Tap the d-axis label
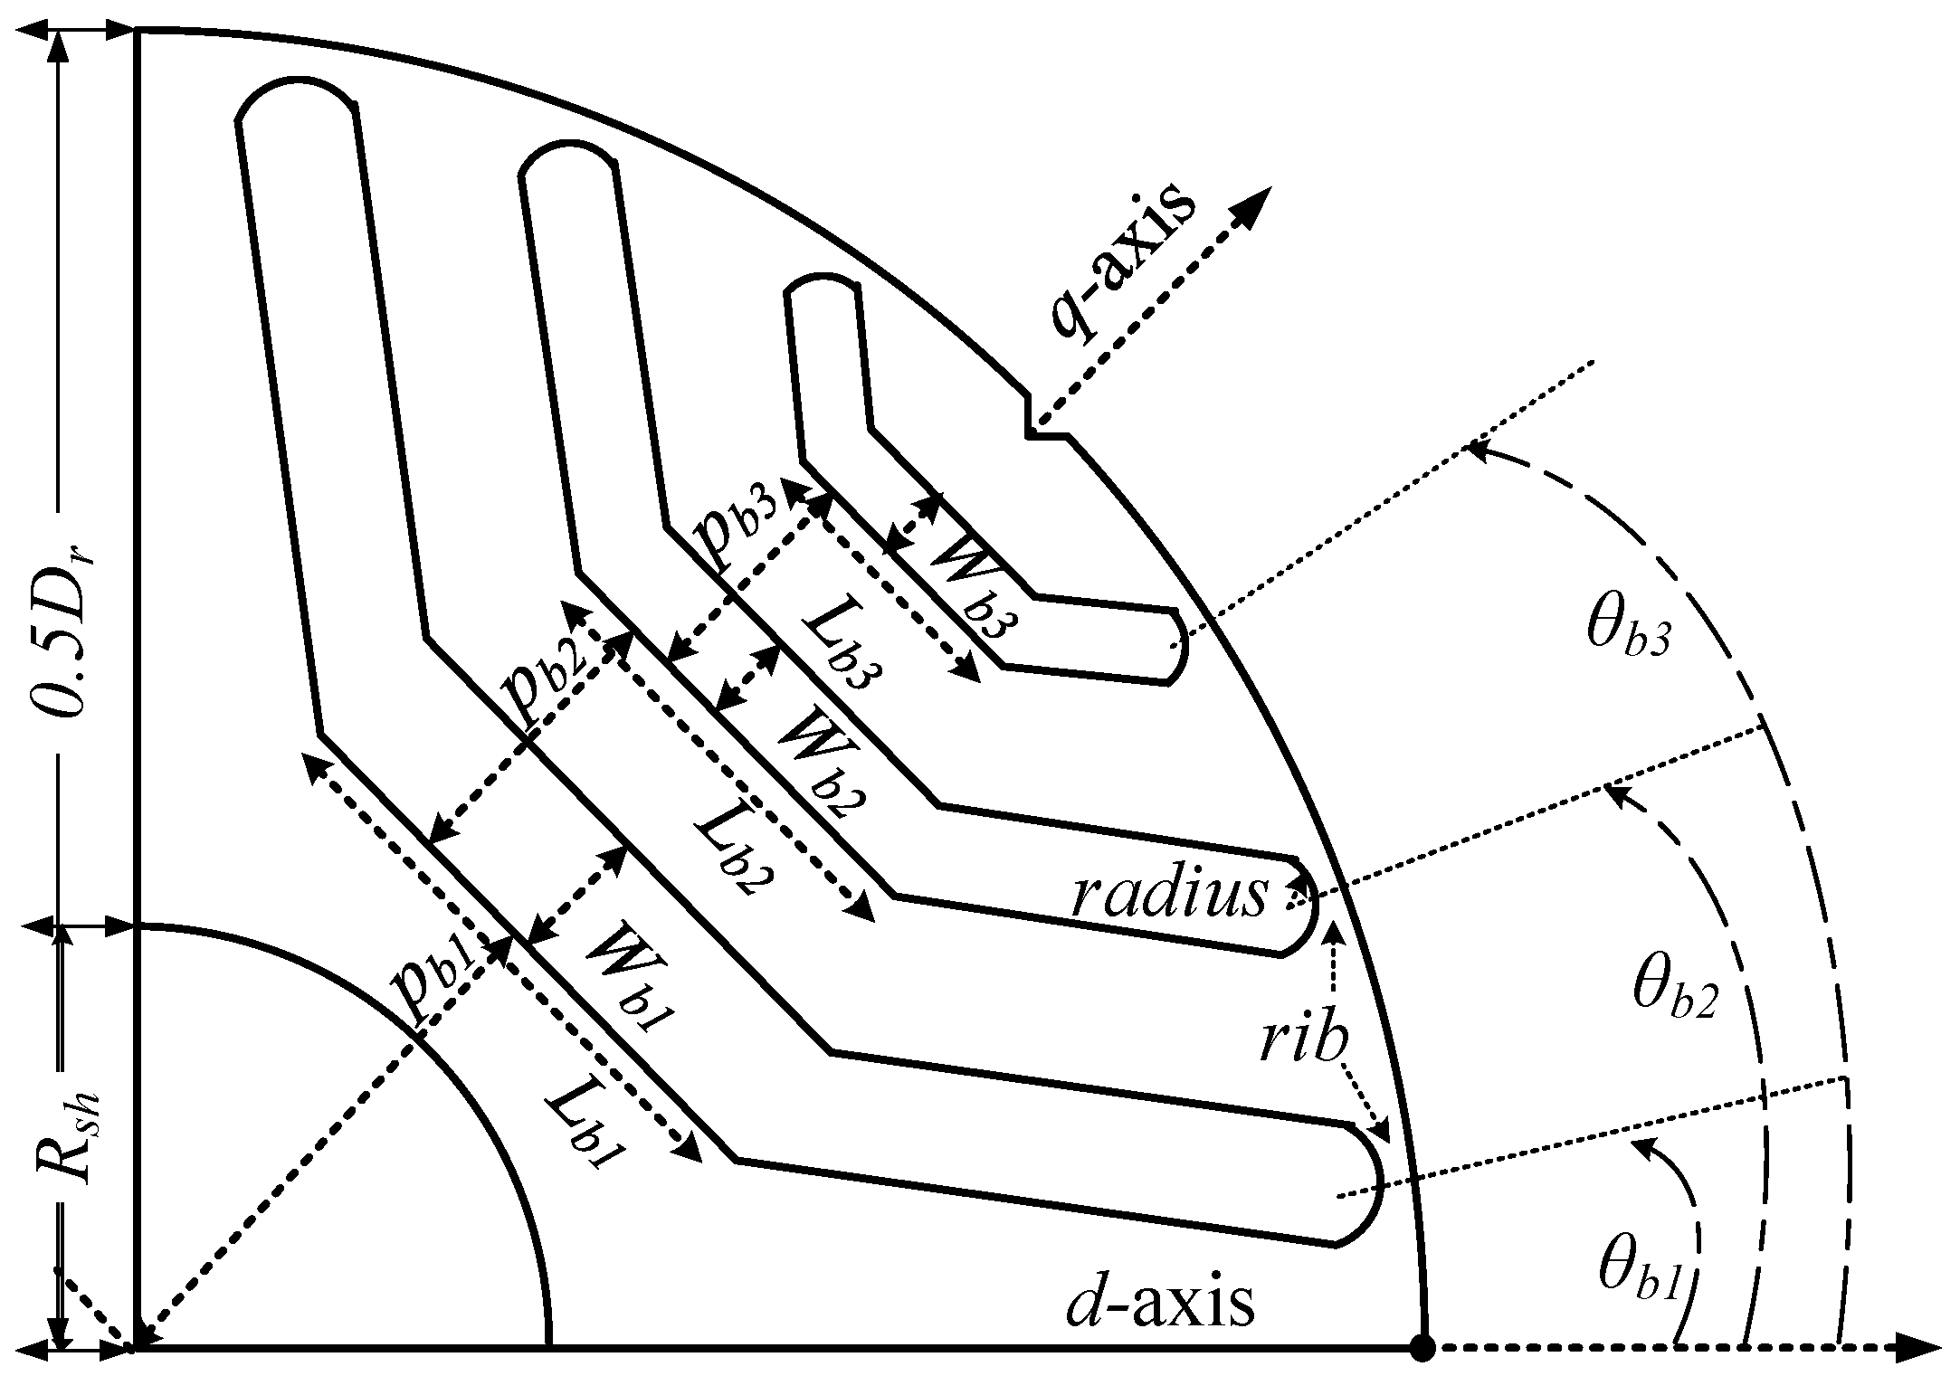point(1160,1303)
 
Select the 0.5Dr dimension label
point(71,623)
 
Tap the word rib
point(1303,1045)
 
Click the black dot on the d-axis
point(1423,1347)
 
